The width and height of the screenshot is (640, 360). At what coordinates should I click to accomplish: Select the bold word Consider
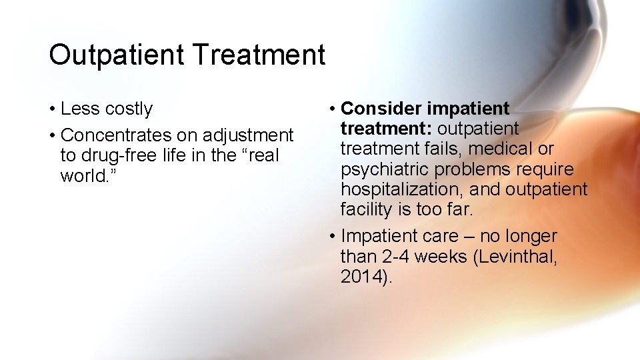click(x=381, y=108)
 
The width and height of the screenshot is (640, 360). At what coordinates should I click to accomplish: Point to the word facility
click(x=365, y=210)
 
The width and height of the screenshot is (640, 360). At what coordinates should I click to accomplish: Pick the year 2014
click(x=361, y=277)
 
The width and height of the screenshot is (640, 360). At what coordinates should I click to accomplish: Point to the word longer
click(x=531, y=237)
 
